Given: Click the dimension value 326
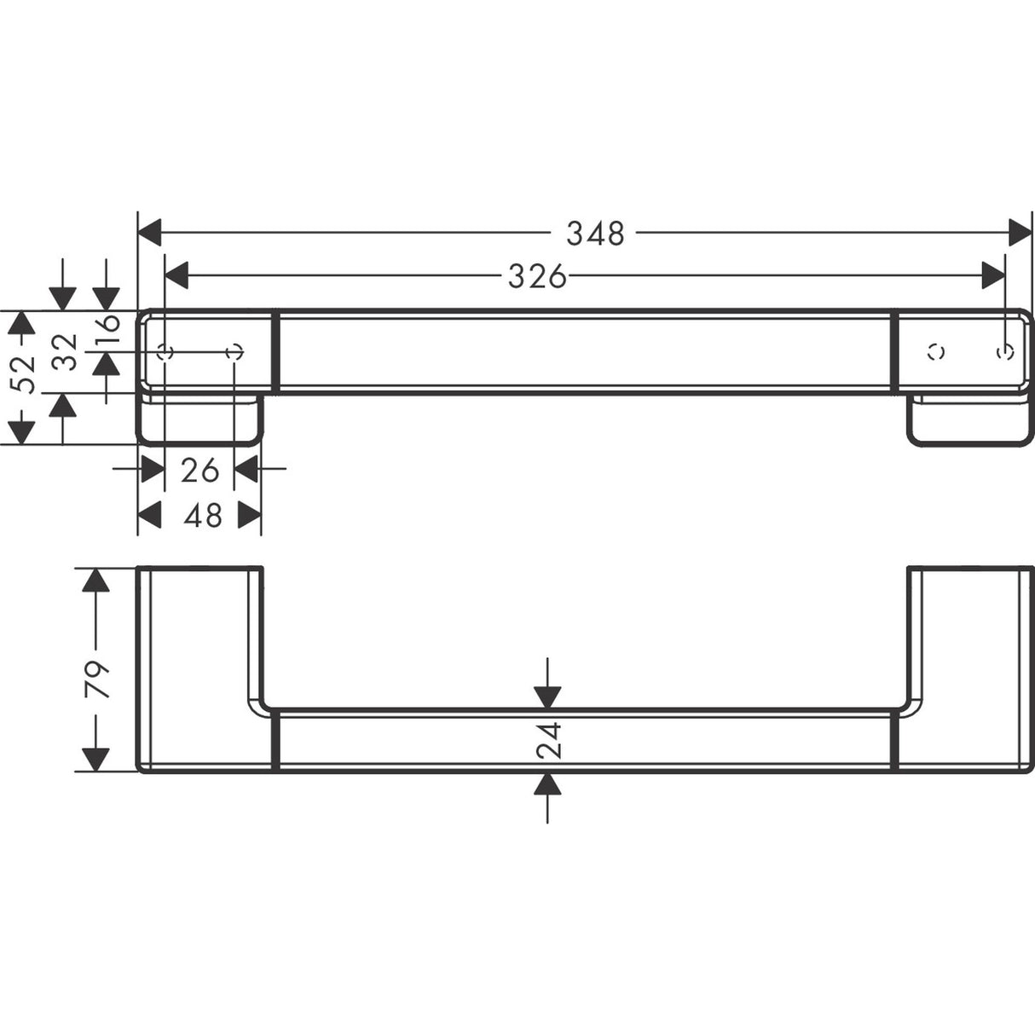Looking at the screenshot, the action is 537,275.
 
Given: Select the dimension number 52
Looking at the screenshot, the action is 26,375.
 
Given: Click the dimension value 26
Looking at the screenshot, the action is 199,469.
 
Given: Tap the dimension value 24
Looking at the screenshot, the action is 549,739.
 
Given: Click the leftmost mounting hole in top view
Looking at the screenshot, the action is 166,351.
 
